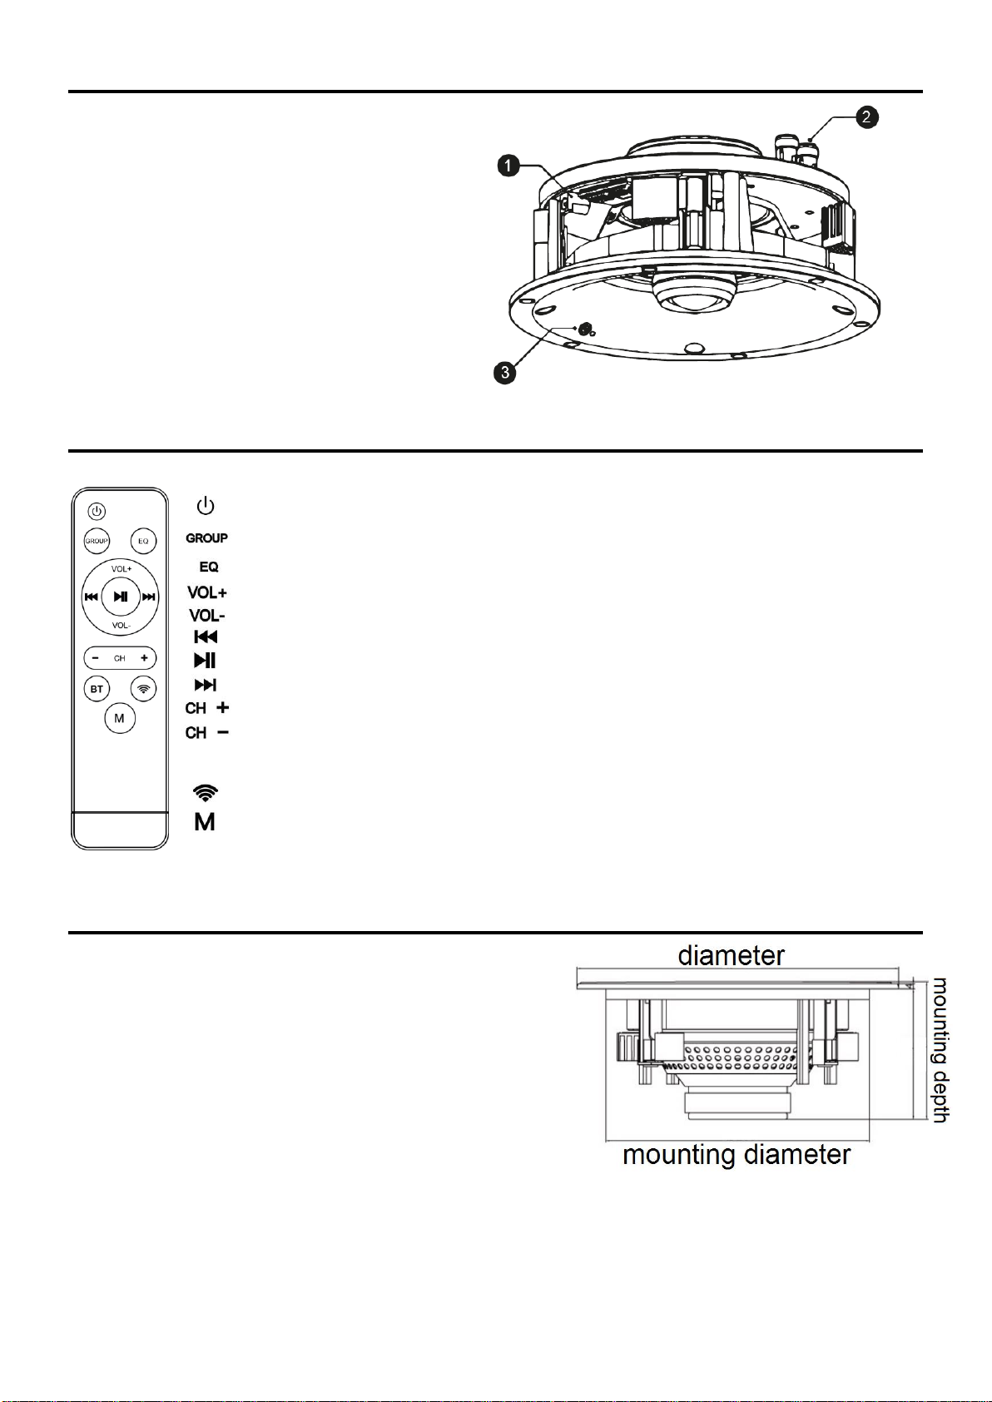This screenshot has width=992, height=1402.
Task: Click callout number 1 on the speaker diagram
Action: point(508,166)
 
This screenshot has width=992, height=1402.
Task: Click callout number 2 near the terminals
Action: point(866,117)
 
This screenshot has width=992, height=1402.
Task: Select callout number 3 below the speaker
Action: point(505,373)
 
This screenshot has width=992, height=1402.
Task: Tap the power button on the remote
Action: point(97,511)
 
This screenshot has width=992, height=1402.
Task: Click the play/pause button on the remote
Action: point(120,597)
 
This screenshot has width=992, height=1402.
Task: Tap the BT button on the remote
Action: point(97,689)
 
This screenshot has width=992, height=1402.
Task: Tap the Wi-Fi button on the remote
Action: point(144,688)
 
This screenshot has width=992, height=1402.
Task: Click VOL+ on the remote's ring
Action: point(122,568)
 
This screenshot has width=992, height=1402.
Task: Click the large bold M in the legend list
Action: point(205,822)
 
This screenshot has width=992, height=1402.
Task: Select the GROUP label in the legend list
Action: point(206,538)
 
